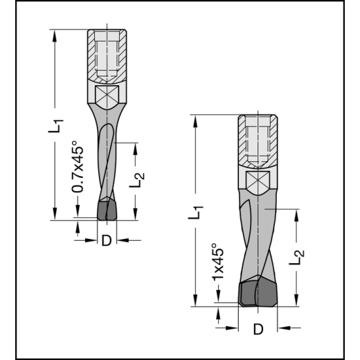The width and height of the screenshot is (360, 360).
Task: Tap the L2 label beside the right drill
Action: click(296, 255)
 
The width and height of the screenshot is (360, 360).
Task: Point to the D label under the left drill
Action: click(106, 241)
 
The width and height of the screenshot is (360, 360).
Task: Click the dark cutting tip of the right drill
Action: click(257, 292)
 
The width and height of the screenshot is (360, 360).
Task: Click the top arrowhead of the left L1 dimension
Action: click(54, 34)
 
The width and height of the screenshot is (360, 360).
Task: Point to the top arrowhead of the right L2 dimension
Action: click(297, 213)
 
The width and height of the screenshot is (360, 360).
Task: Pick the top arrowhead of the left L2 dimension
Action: click(136, 146)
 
